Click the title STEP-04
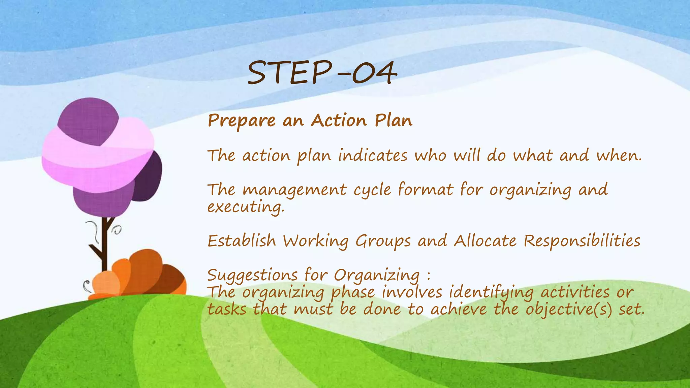322,73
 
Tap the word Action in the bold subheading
338,120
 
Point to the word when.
619,156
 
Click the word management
294,190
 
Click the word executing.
246,207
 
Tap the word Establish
242,241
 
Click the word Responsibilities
582,241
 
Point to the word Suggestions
252,276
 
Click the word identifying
491,292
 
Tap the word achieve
459,310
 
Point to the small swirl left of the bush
87,286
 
